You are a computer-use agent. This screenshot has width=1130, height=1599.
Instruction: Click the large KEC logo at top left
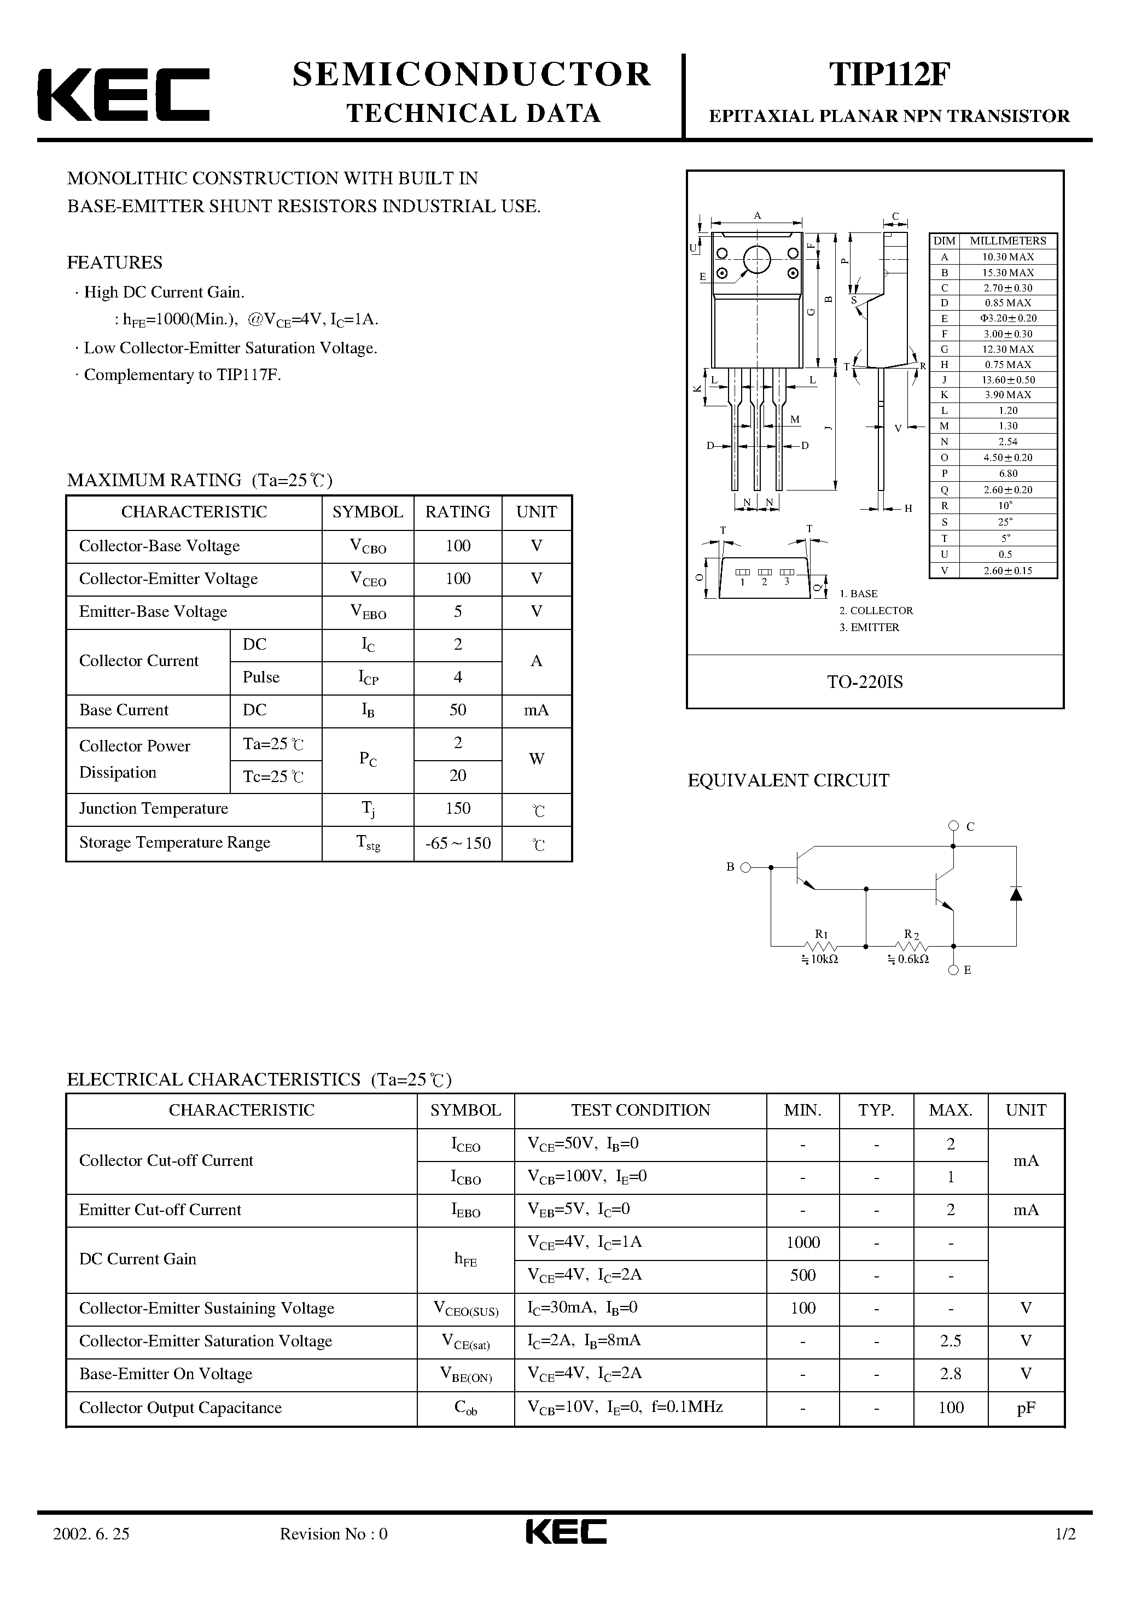point(123,95)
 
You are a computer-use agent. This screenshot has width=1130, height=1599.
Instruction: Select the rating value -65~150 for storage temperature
point(458,843)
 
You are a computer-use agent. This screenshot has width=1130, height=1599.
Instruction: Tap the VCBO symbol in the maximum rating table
point(368,547)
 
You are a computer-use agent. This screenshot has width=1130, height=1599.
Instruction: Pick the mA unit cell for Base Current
point(536,710)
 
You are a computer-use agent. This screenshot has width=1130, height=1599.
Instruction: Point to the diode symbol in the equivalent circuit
point(1016,894)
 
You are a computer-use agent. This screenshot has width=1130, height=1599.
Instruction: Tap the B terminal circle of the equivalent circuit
point(745,867)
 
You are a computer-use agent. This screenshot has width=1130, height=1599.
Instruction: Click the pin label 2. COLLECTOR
point(876,610)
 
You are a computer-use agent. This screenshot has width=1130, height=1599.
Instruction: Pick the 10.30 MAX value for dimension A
point(1007,256)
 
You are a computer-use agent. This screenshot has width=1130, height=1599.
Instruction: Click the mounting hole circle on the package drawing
point(756,260)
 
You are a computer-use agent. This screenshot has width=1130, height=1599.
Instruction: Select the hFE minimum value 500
point(802,1275)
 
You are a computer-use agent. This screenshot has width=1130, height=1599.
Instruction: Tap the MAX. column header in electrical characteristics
point(950,1110)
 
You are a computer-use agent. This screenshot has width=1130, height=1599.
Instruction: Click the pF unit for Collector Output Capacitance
point(1026,1408)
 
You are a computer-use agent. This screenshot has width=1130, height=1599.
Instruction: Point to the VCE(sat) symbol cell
point(465,1341)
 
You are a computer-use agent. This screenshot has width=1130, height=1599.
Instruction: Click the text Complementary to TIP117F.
point(182,375)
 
